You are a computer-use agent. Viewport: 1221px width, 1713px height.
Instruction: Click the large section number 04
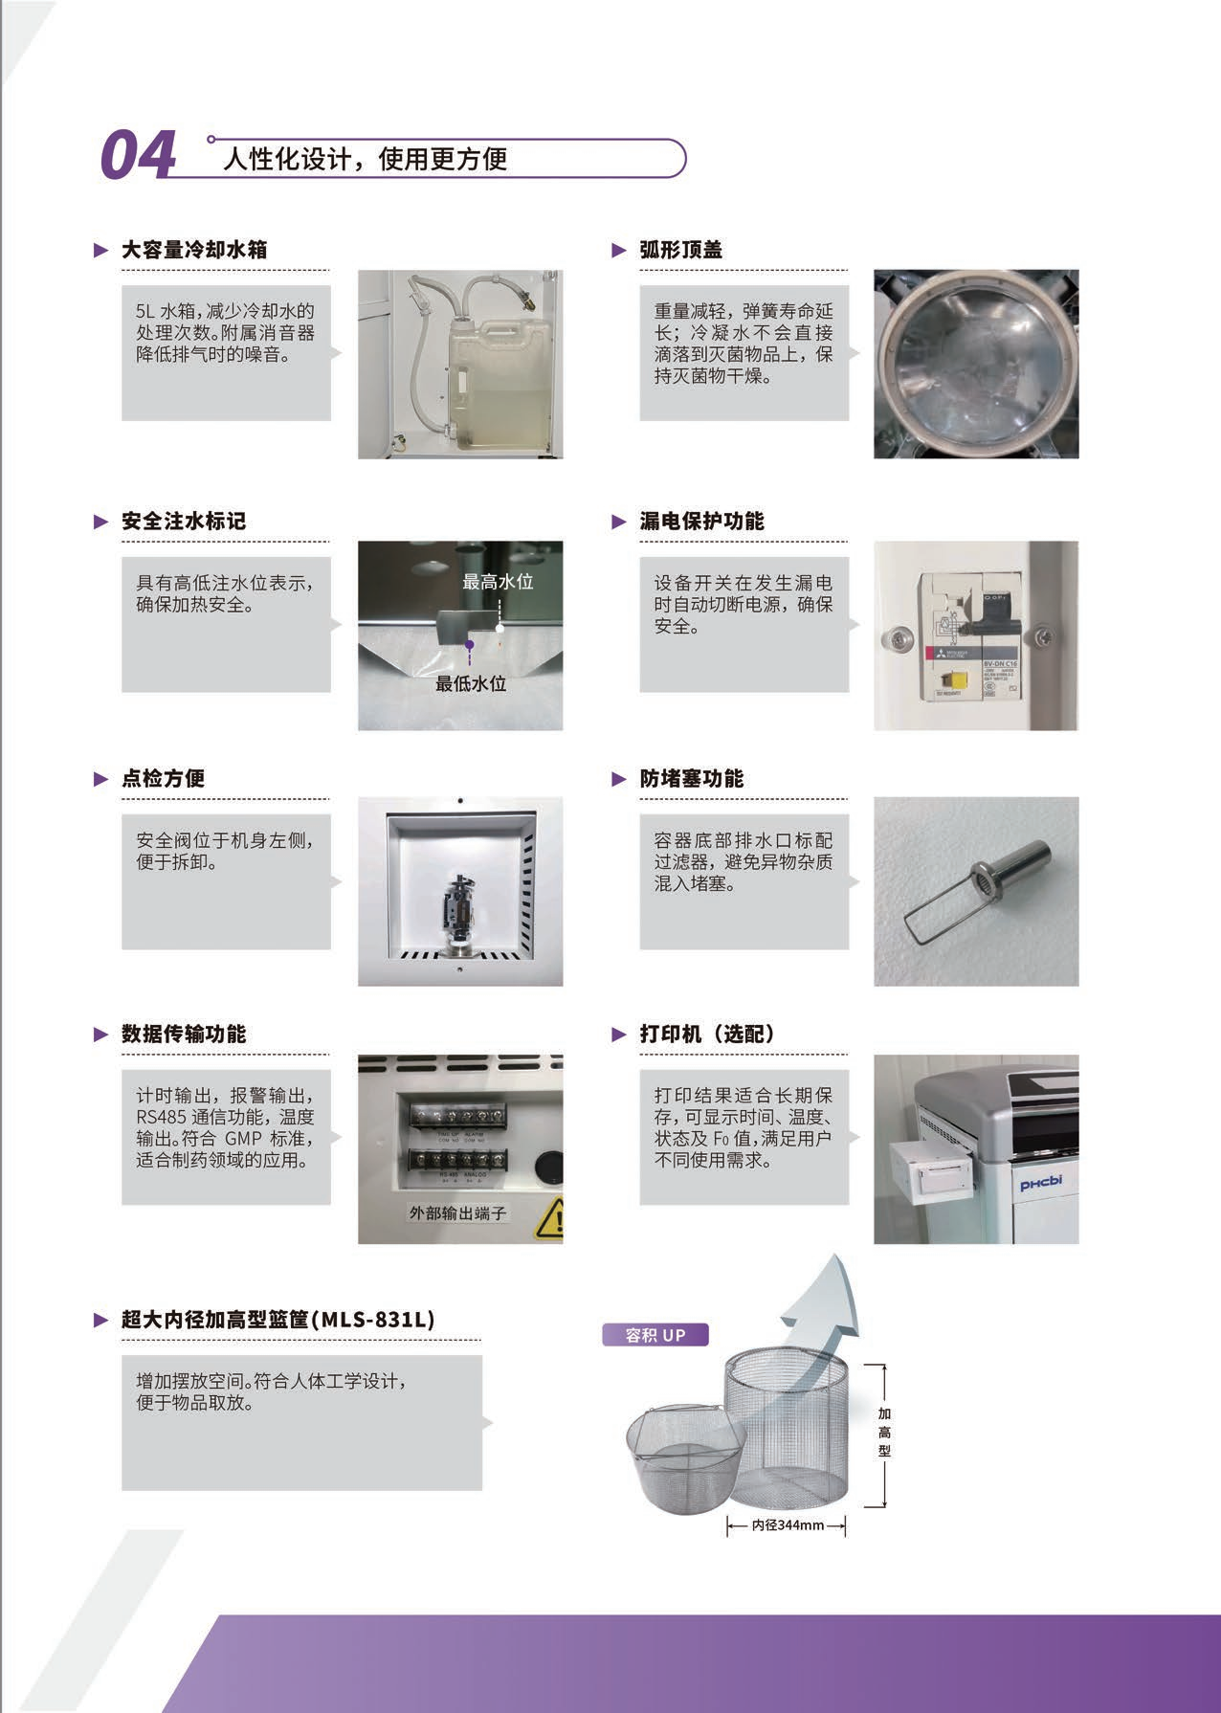(x=139, y=155)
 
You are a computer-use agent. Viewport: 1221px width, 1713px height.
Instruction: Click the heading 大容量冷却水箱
(x=194, y=250)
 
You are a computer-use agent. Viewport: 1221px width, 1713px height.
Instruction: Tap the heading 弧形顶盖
(x=681, y=250)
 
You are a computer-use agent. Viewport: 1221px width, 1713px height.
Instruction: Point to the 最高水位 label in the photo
(x=498, y=581)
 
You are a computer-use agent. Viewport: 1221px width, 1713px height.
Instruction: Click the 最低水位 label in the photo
(x=471, y=683)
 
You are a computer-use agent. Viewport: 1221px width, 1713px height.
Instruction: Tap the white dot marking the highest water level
(x=499, y=629)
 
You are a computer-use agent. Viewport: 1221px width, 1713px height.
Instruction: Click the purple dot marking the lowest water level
(x=469, y=646)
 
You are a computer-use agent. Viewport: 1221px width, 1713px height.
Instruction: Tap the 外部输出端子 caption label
(x=457, y=1212)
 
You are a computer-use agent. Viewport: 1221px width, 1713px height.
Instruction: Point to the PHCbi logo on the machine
(x=1040, y=1183)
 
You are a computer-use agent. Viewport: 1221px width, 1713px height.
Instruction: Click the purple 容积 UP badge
(x=655, y=1335)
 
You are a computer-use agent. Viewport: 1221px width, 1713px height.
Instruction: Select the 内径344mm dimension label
(x=788, y=1524)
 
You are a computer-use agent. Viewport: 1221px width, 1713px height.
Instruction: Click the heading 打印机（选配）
(x=707, y=1034)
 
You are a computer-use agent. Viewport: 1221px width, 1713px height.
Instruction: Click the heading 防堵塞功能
(x=692, y=779)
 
